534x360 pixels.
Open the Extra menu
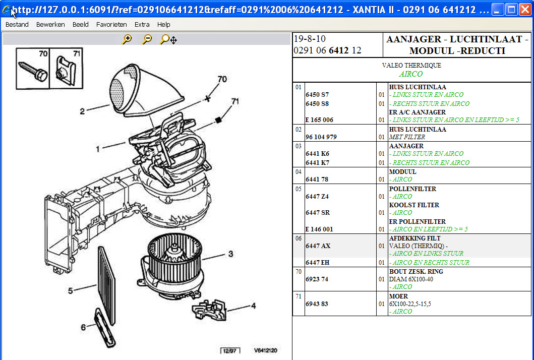[x=142, y=24]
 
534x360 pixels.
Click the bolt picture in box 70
[x=33, y=71]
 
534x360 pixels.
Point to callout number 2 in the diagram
[x=82, y=111]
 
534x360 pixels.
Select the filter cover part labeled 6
[x=104, y=328]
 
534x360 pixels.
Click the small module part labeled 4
[x=209, y=308]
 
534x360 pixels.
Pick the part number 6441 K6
[x=317, y=154]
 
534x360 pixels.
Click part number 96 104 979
[x=321, y=137]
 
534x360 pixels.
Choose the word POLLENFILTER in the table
[x=412, y=189]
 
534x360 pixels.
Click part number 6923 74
[x=317, y=279]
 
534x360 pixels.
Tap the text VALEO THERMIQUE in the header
[x=411, y=66]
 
